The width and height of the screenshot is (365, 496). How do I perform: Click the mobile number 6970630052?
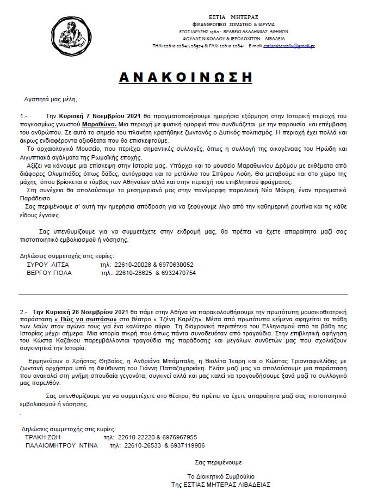coord(175,265)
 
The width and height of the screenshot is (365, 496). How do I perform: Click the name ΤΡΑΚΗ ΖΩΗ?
coord(42,437)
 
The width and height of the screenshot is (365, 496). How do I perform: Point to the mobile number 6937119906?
coord(187,445)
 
